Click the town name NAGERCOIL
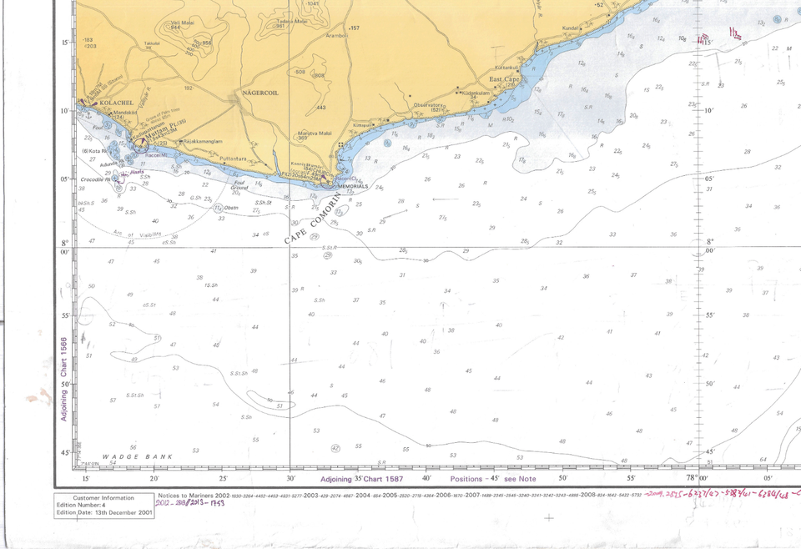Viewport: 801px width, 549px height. pos(258,93)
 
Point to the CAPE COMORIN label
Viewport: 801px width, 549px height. pos(313,219)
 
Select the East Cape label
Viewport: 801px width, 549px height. pos(505,79)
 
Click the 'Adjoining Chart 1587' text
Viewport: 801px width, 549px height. pos(361,479)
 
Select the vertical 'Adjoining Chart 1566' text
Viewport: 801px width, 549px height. pos(63,380)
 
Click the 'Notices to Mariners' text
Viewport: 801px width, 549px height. pos(185,495)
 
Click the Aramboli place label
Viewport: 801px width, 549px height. pos(336,36)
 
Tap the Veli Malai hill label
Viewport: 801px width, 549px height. pos(177,23)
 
